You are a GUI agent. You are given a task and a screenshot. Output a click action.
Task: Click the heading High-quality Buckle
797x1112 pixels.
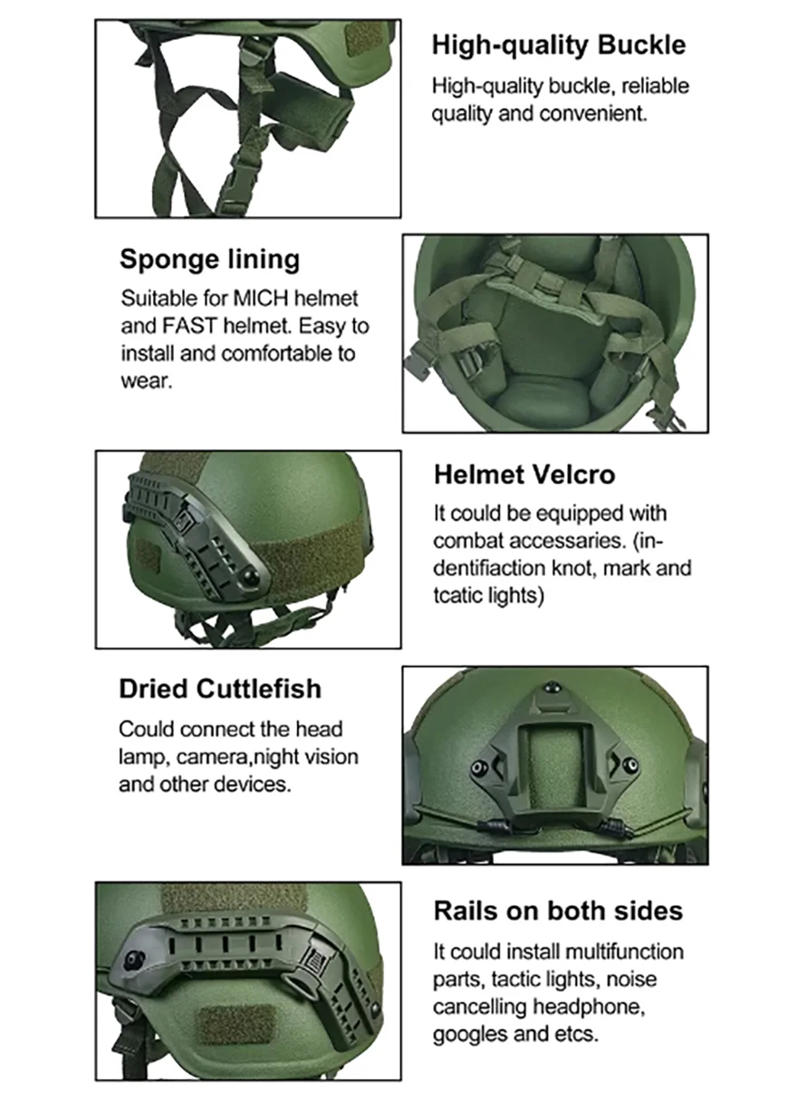point(559,45)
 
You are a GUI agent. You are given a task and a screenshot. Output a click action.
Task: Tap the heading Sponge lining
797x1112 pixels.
point(209,260)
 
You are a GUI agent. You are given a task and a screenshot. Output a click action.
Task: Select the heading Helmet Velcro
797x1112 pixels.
point(524,475)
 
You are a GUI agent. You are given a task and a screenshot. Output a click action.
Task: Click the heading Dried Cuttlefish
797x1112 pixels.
point(220,689)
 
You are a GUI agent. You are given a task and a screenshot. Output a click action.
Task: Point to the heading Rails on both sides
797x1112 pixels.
point(558,911)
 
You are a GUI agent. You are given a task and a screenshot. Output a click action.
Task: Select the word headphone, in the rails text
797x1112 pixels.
point(589,1007)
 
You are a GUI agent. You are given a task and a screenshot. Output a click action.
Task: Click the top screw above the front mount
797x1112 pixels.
point(550,687)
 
